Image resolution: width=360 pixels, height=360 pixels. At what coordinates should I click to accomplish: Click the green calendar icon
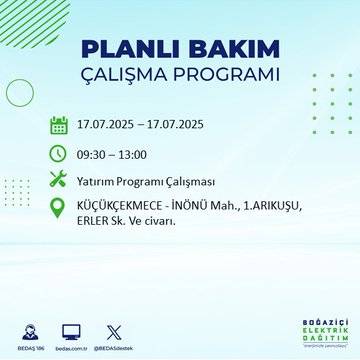click(x=59, y=125)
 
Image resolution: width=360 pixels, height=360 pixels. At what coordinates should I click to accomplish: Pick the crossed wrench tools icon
click(x=59, y=180)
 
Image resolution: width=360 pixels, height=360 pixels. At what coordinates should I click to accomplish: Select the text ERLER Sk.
click(x=100, y=220)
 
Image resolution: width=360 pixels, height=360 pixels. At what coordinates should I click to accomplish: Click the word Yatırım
click(x=97, y=180)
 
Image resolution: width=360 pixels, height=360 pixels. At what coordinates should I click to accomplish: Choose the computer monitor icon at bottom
click(x=72, y=330)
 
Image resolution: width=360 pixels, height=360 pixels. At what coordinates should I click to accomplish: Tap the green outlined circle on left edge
click(x=18, y=92)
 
